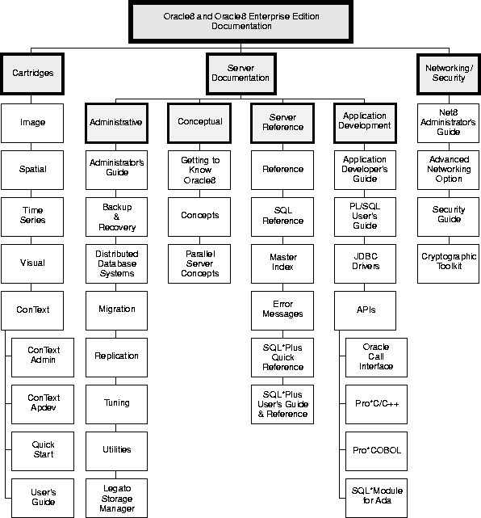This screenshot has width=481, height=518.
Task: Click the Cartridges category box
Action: (32, 74)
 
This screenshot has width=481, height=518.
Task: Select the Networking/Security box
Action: (449, 74)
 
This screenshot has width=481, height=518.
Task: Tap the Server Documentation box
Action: (240, 74)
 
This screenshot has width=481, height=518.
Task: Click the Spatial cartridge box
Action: (32, 170)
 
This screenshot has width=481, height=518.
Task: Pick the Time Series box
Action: (32, 217)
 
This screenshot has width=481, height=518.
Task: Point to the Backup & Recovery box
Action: (116, 217)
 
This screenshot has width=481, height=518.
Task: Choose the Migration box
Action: (116, 310)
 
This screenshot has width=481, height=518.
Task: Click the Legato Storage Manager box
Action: (116, 498)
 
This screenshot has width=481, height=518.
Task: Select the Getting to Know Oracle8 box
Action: (199, 170)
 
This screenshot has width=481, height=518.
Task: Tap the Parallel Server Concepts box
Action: (199, 263)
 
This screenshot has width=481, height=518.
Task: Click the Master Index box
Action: (282, 263)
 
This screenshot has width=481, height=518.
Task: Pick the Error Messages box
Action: (282, 310)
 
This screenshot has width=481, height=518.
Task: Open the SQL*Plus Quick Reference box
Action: (282, 357)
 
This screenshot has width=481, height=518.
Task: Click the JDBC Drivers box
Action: (365, 263)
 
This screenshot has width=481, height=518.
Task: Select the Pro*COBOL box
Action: (376, 451)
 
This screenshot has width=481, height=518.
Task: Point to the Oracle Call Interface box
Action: (376, 357)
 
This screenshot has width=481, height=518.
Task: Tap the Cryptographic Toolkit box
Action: (448, 263)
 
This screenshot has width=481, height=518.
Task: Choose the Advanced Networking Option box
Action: (448, 170)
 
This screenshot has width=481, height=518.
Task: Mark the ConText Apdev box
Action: (43, 404)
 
